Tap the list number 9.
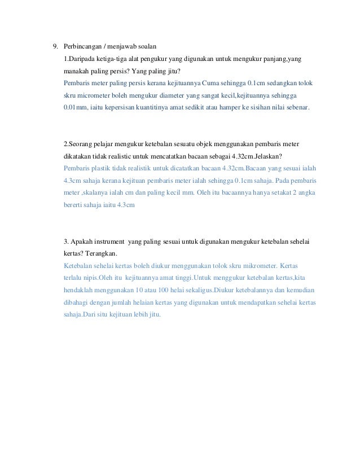point(55,46)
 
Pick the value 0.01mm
point(77,107)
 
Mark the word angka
point(307,192)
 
